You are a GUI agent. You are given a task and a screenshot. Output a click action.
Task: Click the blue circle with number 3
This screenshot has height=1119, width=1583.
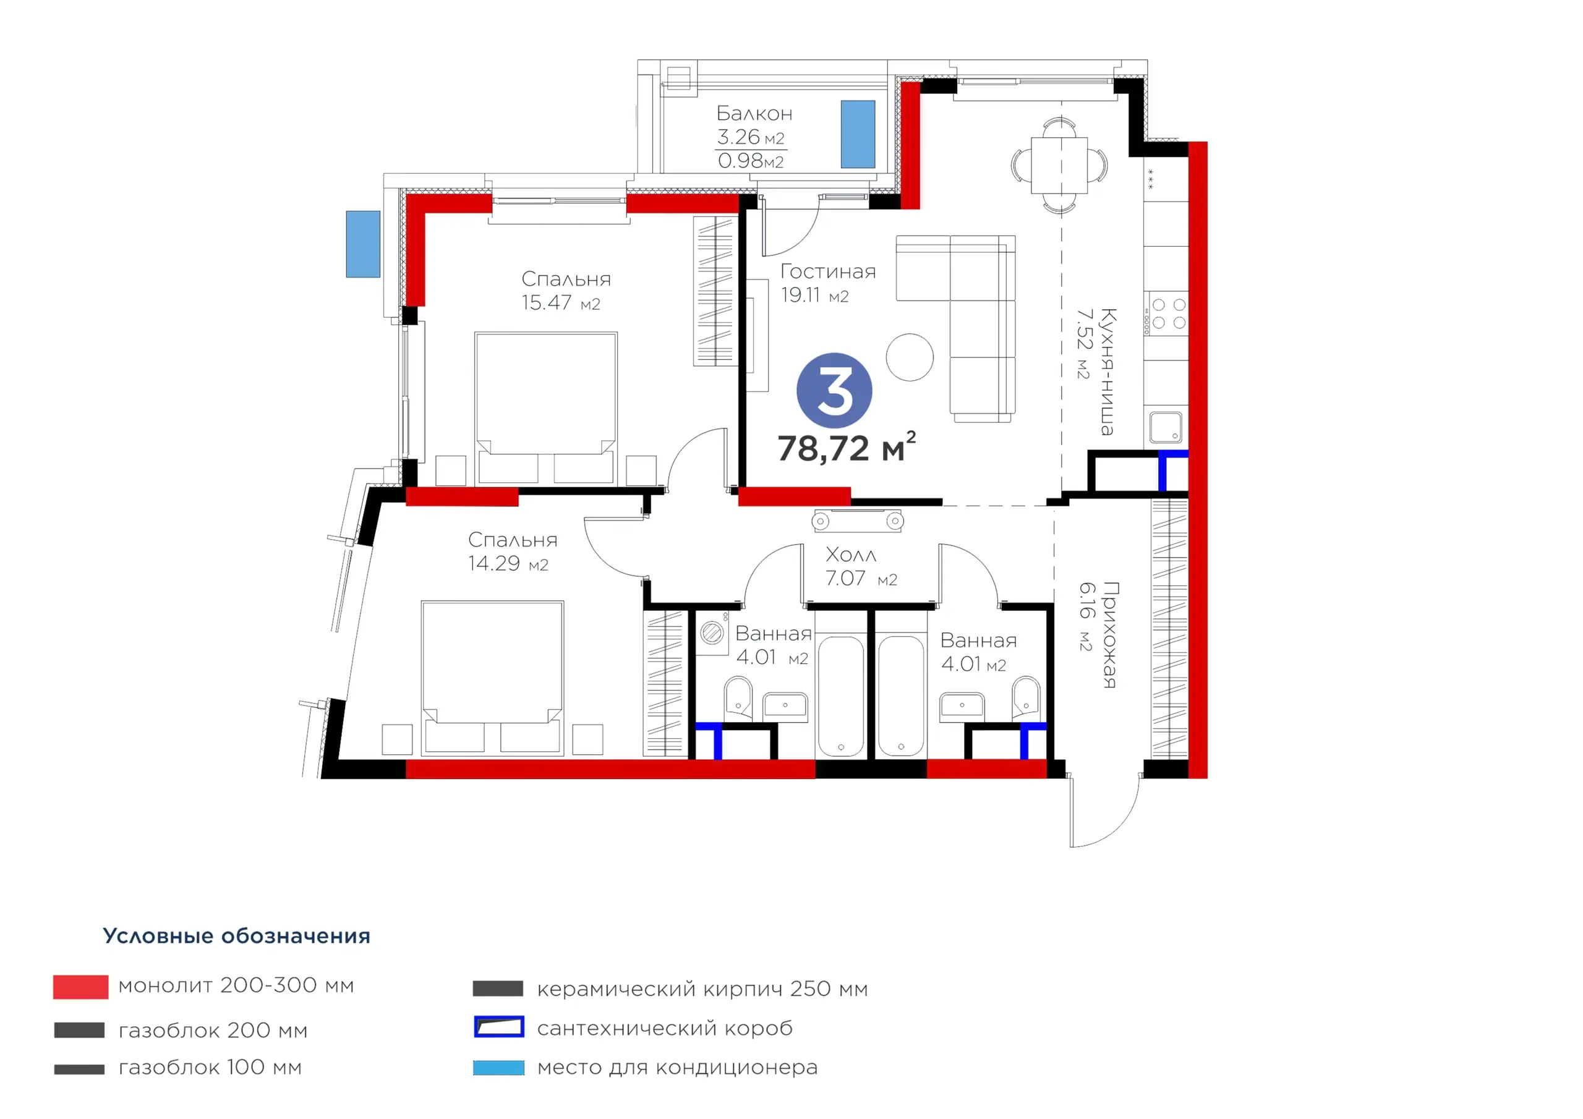coord(834,391)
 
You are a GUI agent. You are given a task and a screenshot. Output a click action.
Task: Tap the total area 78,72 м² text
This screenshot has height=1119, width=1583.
coord(847,448)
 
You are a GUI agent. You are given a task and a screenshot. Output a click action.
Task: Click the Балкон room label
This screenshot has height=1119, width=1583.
coord(754,113)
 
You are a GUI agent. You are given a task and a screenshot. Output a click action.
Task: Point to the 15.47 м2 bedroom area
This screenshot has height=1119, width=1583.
coord(560,303)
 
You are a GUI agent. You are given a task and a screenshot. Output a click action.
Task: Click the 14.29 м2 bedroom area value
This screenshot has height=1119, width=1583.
coord(508,564)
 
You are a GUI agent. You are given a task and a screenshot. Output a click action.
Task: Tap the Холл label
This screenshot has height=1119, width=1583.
coord(851,555)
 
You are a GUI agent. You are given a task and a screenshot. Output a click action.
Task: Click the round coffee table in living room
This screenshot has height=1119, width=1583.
coord(910,357)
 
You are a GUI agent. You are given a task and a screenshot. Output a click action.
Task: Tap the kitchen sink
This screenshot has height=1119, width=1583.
coord(1166,427)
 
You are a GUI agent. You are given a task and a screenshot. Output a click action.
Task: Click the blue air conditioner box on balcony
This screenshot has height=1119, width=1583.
coord(858,134)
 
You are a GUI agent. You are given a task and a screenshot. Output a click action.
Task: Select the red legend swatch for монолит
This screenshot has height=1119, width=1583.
coord(80,987)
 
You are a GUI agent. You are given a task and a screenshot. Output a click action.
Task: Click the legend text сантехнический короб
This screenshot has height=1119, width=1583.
coord(665,1028)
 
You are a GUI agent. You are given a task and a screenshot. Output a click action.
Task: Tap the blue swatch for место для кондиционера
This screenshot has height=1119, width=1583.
coord(498,1068)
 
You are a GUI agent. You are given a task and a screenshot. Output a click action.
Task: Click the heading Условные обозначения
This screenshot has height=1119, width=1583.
coord(236,935)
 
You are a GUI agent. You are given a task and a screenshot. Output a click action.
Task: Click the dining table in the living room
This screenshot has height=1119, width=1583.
coord(1059,166)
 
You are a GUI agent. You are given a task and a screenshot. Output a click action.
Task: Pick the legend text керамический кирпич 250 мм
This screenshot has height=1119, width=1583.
coord(702,989)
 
